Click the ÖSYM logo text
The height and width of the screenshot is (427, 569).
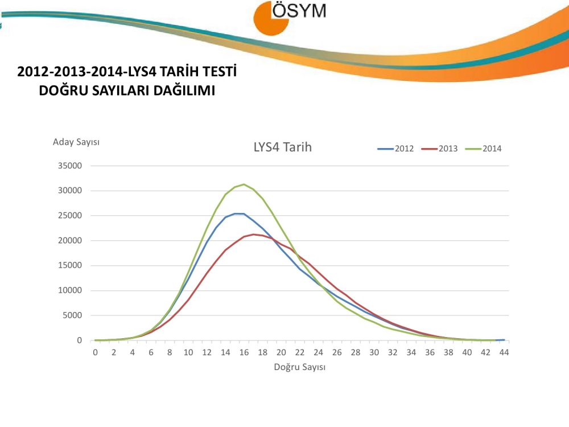[x=299, y=11]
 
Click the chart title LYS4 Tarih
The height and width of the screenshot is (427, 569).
[x=282, y=147]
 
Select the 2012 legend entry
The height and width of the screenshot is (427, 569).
[x=398, y=149]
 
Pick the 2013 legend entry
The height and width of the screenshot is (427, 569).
[x=442, y=149]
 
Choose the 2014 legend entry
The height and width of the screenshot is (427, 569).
[x=486, y=149]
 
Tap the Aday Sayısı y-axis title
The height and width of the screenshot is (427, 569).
[x=76, y=142]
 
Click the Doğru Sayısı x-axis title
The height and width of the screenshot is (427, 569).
[x=299, y=367]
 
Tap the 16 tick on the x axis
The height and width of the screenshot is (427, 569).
[x=244, y=352]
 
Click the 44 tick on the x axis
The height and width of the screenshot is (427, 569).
[x=504, y=352]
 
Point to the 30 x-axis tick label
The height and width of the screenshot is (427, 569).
[x=374, y=352]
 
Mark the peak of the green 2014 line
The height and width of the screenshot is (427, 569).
[x=244, y=184]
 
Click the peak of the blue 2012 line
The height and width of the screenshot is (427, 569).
[x=240, y=213]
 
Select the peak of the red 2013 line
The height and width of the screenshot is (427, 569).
[x=253, y=234]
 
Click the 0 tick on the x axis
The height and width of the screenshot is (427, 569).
[x=96, y=352]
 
